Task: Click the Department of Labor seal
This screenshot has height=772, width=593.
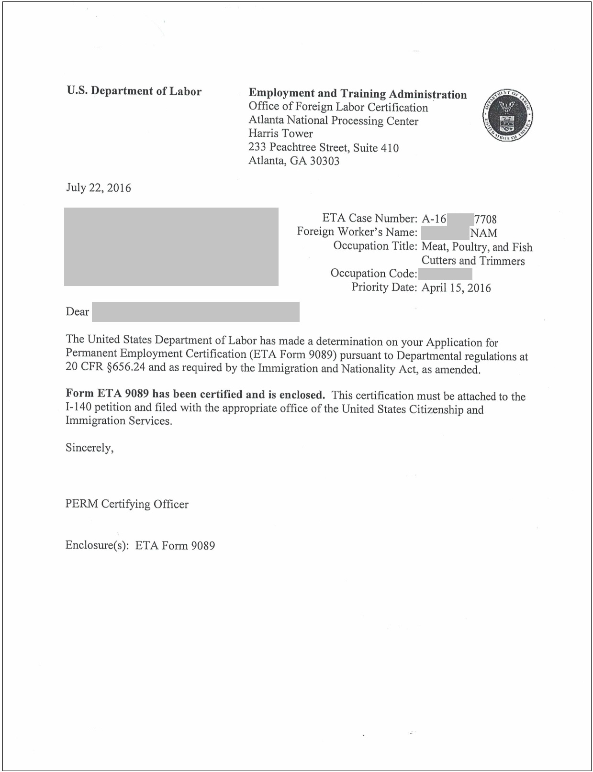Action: click(507, 116)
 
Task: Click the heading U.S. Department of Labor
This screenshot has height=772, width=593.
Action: click(134, 91)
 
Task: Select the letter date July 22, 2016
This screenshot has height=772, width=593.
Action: click(98, 187)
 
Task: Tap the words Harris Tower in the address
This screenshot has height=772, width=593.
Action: click(280, 133)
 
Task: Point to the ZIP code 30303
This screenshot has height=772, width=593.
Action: click(324, 161)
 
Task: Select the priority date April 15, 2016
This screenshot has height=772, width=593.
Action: click(456, 287)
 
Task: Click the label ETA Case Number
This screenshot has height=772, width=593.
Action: click(369, 219)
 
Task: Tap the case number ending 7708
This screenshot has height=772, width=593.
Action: click(485, 220)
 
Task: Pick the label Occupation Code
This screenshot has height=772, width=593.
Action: click(373, 274)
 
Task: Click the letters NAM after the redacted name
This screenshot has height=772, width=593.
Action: click(483, 233)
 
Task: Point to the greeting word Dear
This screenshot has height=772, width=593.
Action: click(77, 312)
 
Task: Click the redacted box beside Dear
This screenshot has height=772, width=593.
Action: click(195, 312)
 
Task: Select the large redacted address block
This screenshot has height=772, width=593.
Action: click(171, 246)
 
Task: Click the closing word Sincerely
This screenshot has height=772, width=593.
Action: click(90, 448)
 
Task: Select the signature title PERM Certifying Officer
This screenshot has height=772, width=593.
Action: click(127, 504)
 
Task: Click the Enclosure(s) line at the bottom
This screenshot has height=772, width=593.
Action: click(140, 545)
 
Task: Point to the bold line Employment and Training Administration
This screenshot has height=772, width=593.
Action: click(358, 94)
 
